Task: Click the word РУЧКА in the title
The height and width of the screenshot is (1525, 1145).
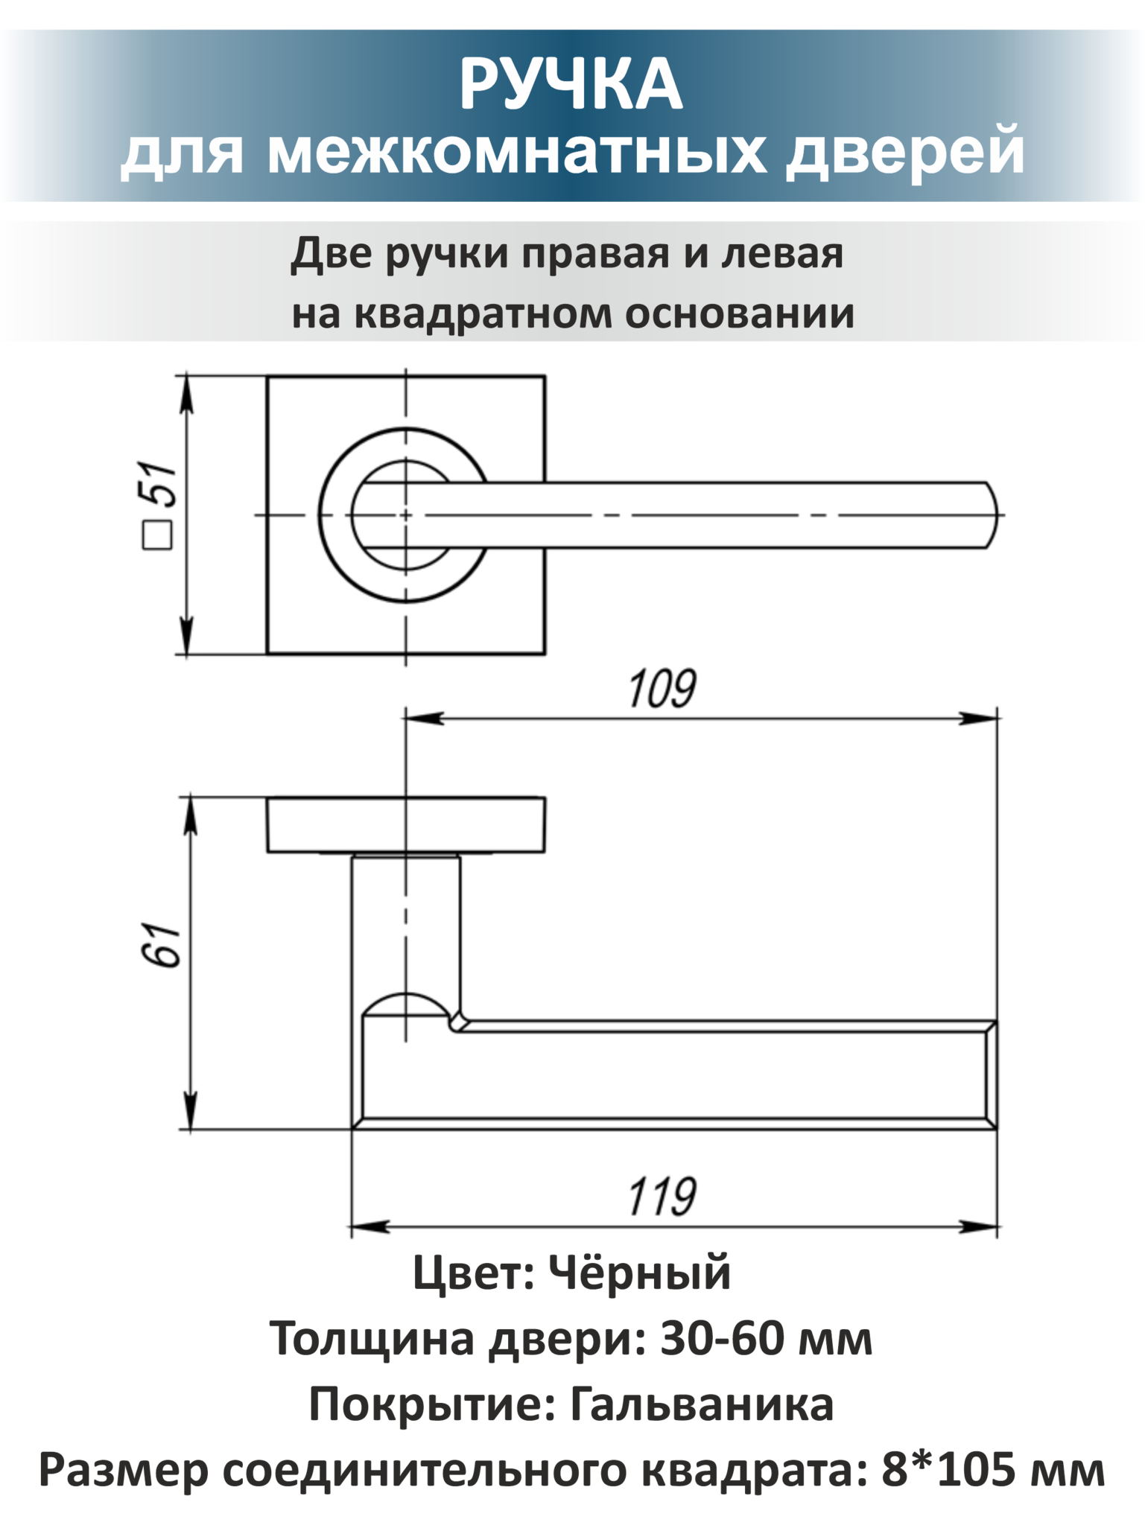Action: [571, 85]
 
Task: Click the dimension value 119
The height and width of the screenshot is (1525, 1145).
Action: [662, 1197]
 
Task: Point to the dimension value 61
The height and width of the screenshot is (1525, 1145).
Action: [160, 945]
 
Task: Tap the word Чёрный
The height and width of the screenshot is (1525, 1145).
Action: [640, 1273]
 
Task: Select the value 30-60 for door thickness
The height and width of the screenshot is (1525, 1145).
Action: [723, 1339]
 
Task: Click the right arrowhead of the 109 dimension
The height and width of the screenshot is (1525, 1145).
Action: [978, 718]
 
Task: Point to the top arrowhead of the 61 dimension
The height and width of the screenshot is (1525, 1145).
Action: [191, 815]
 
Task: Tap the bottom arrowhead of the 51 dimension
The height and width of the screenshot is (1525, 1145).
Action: [187, 635]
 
